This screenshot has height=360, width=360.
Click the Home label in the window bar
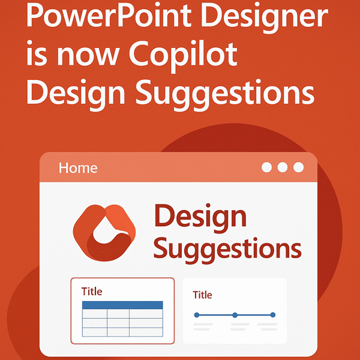tap(78, 168)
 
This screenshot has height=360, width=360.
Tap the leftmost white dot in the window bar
tap(267, 168)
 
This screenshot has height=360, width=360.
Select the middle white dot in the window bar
tap(283, 168)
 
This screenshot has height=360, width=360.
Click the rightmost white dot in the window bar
tap(298, 168)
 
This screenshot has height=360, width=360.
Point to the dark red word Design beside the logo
tap(200, 216)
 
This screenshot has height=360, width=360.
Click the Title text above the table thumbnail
tap(92, 292)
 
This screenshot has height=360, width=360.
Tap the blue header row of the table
tap(122, 305)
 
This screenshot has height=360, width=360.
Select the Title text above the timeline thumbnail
tap(202, 295)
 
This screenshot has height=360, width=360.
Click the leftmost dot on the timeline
tap(197, 314)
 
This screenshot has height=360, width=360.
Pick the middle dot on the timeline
tap(235, 314)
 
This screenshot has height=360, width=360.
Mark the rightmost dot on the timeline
tap(273, 314)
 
